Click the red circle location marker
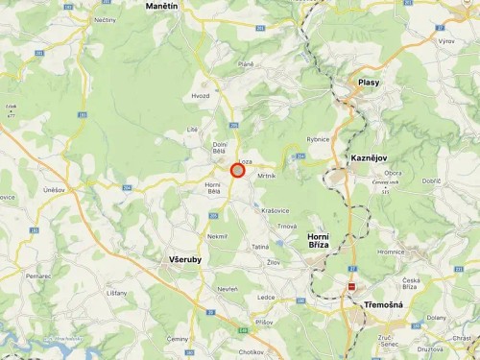pos(237,170)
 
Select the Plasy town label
pos(369,83)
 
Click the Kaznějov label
pos(368,156)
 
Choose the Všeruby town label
pos(184,259)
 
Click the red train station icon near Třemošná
pos(352,286)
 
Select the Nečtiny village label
pos(106,19)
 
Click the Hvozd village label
pos(200,96)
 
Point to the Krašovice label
pos(275,209)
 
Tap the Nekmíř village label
pos(217,235)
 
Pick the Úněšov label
pos(54,190)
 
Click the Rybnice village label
pos(318,139)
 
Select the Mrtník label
pos(266,177)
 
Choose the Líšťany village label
pos(116,292)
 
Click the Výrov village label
pos(445,42)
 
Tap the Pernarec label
pos(38,276)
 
